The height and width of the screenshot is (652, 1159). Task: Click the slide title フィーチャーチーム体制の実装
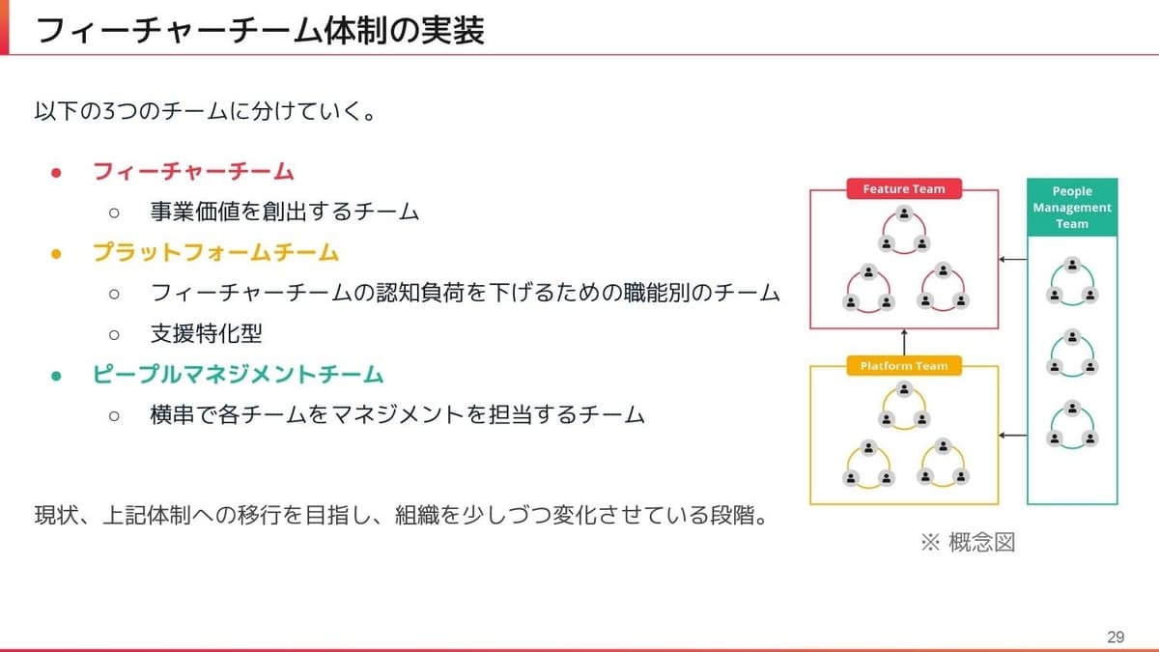point(260,30)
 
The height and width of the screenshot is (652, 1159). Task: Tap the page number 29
point(1116,637)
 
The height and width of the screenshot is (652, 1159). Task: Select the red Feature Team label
point(904,189)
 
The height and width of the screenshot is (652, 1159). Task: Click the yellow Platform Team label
point(904,366)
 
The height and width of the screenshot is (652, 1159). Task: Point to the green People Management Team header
point(1072,208)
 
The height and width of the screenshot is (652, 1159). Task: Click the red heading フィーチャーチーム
point(193,171)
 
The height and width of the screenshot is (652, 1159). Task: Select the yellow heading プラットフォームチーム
point(215,252)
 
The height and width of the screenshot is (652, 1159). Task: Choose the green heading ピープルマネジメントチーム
point(238,374)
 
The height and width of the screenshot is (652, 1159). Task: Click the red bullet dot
point(56,172)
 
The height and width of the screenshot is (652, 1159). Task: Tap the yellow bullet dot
point(56,253)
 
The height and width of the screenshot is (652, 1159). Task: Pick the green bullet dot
point(56,376)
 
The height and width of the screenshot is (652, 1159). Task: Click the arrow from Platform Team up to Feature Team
point(904,343)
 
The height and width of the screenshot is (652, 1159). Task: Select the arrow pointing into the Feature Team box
point(1013,259)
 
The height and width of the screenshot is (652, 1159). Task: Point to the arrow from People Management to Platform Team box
point(1013,436)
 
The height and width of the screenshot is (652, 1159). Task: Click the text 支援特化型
point(206,333)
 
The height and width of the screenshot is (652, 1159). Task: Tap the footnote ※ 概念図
point(968,542)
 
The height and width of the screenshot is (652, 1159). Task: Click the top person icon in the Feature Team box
point(904,213)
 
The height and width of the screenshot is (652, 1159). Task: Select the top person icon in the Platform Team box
point(904,389)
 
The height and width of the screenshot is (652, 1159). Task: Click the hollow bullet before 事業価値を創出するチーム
point(114,213)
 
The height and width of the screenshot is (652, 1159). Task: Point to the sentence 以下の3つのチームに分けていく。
point(206,111)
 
